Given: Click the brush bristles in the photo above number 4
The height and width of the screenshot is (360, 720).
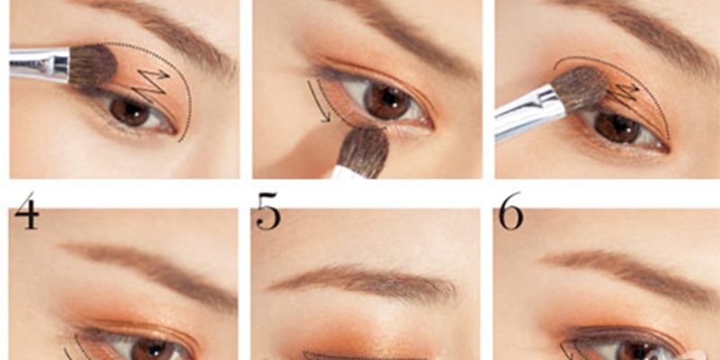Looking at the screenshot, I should coord(92,66).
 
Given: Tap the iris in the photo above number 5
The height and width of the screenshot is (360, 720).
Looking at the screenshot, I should coord(388,100).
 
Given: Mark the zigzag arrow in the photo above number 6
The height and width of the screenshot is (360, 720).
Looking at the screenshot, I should coord(628,94).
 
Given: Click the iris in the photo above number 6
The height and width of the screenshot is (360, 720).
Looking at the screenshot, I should coord(618,127).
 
